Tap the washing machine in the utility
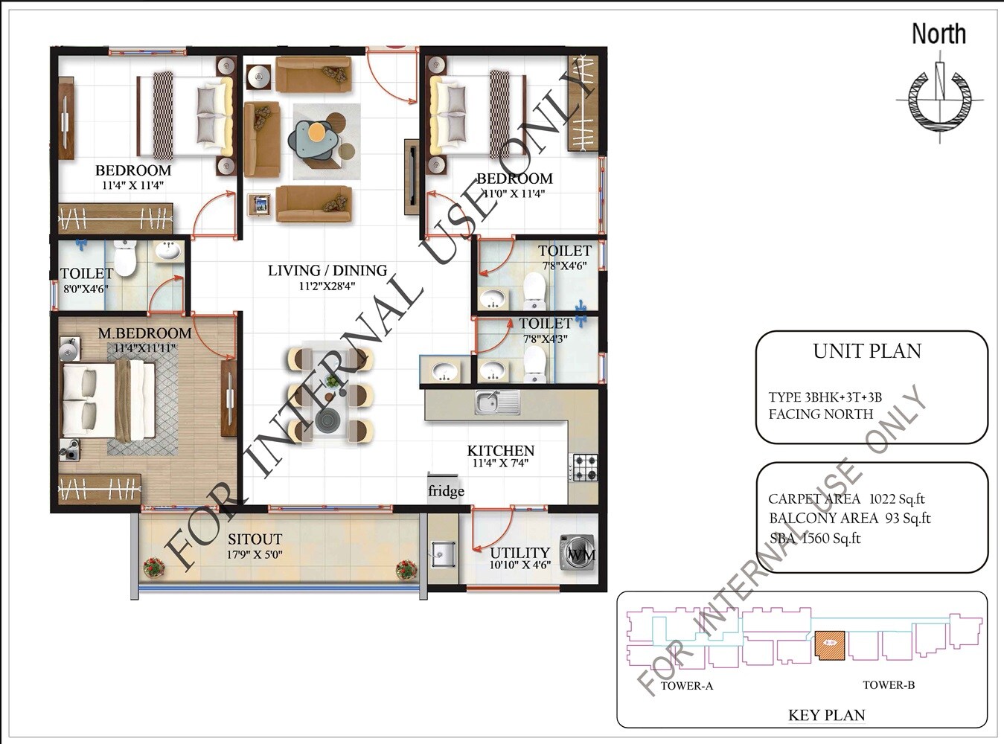pos(578,552)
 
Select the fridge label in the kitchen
pos(446,491)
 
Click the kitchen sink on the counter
pos(497,403)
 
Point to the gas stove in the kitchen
pos(583,468)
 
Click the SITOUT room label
pos(255,539)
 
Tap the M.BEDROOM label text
pos(144,333)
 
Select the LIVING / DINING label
pos(327,270)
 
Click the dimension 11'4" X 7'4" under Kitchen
pos(500,464)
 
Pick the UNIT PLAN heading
pos(867,351)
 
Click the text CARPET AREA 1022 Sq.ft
pos(846,499)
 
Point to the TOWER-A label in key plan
pos(686,685)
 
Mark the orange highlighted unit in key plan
pos(830,644)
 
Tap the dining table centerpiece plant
pos(332,382)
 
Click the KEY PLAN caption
pos(826,716)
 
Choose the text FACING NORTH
pos(820,414)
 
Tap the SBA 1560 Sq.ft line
pos(814,538)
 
